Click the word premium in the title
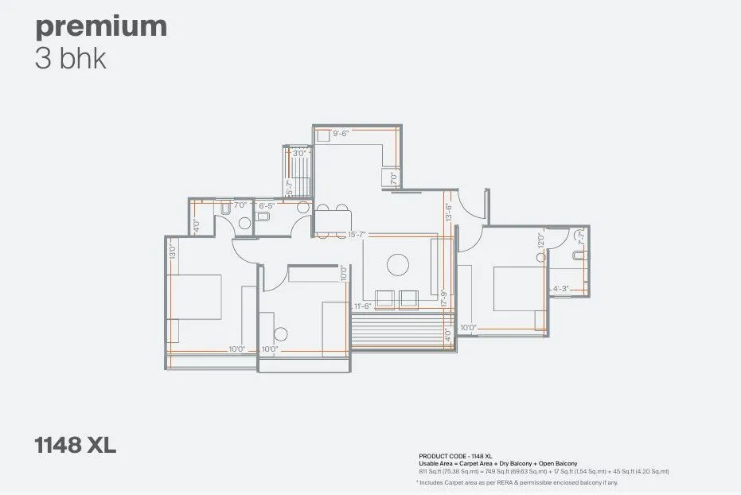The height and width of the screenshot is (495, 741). tap(100, 26)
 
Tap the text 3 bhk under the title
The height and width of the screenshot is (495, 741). tap(71, 59)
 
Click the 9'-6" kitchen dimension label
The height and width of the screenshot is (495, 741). tap(341, 134)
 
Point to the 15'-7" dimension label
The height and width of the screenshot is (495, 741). tap(357, 234)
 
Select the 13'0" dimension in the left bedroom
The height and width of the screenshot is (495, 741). tap(172, 251)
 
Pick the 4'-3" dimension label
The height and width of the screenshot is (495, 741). tap(560, 289)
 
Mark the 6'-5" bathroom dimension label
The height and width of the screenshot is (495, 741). tap(266, 205)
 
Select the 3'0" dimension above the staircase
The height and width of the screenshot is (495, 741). tap(298, 153)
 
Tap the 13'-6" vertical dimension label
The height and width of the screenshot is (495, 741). tap(448, 212)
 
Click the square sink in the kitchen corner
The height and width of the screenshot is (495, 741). tap(324, 136)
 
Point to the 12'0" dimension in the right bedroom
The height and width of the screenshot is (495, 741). tap(540, 240)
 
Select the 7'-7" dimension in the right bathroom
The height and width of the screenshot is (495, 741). tap(582, 237)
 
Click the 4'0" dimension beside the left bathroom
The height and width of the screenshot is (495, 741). tap(196, 224)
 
